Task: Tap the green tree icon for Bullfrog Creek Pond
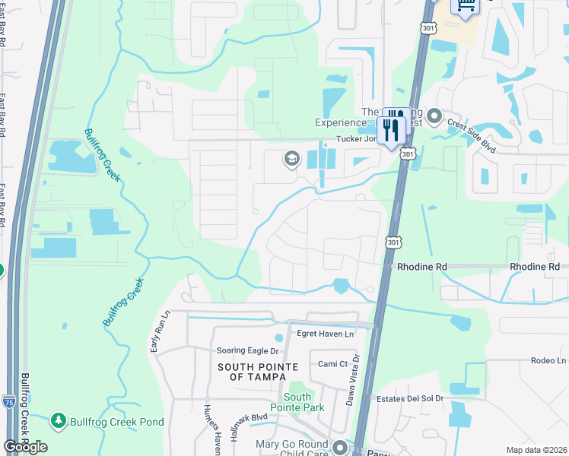58,420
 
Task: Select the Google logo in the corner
25,447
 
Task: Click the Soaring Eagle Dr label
248,350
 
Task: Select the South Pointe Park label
297,402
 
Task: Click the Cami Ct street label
332,364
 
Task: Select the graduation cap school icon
291,159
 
